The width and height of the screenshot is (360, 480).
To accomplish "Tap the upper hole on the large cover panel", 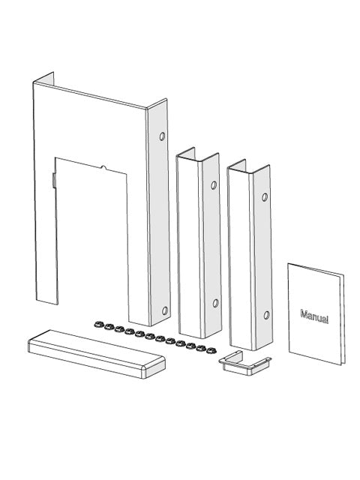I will click(162, 138).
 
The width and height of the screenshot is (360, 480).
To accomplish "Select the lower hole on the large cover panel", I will click(165, 308).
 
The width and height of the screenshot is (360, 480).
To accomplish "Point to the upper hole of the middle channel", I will click(214, 184).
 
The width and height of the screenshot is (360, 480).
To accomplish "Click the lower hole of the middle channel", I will click(215, 303).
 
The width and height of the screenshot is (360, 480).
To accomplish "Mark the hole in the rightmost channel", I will click(265, 197).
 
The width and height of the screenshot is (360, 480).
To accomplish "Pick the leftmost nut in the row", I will click(97, 324).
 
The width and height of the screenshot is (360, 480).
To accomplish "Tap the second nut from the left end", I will click(108, 326).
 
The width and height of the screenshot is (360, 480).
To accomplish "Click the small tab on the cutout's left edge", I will click(54, 180).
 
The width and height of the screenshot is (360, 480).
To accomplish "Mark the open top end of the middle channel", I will click(196, 157).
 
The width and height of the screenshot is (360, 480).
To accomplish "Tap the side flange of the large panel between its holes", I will click(159, 225).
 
